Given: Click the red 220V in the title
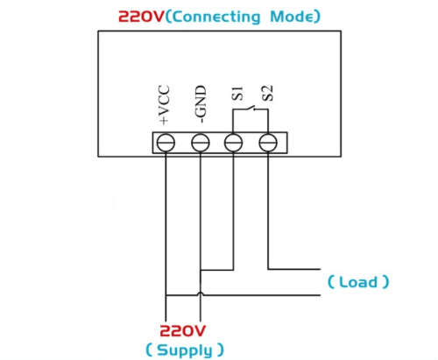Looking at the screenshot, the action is (x=141, y=17).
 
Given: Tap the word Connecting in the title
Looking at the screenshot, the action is (x=215, y=17).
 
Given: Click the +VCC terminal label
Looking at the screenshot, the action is (x=164, y=105).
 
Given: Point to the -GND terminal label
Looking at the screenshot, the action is (x=201, y=103).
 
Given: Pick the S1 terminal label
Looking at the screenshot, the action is (x=237, y=93).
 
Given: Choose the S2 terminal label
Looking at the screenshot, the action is (x=267, y=93).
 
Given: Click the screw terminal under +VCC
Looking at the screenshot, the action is (x=166, y=143).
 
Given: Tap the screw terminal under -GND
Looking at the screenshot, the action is (x=201, y=143).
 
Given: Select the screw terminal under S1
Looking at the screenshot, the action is (x=233, y=143).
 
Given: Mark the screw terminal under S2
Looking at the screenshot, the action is (x=268, y=143).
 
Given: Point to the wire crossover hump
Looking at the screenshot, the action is (x=201, y=293).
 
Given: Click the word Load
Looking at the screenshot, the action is (x=358, y=282).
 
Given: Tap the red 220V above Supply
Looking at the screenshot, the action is (x=182, y=331).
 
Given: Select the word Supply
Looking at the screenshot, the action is (x=185, y=349).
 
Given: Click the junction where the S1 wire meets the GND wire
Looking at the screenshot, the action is (x=201, y=270).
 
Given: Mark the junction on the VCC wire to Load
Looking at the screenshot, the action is (x=166, y=295).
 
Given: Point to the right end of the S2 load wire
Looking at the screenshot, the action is (x=321, y=269).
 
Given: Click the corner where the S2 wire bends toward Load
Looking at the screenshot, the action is (x=268, y=269).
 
